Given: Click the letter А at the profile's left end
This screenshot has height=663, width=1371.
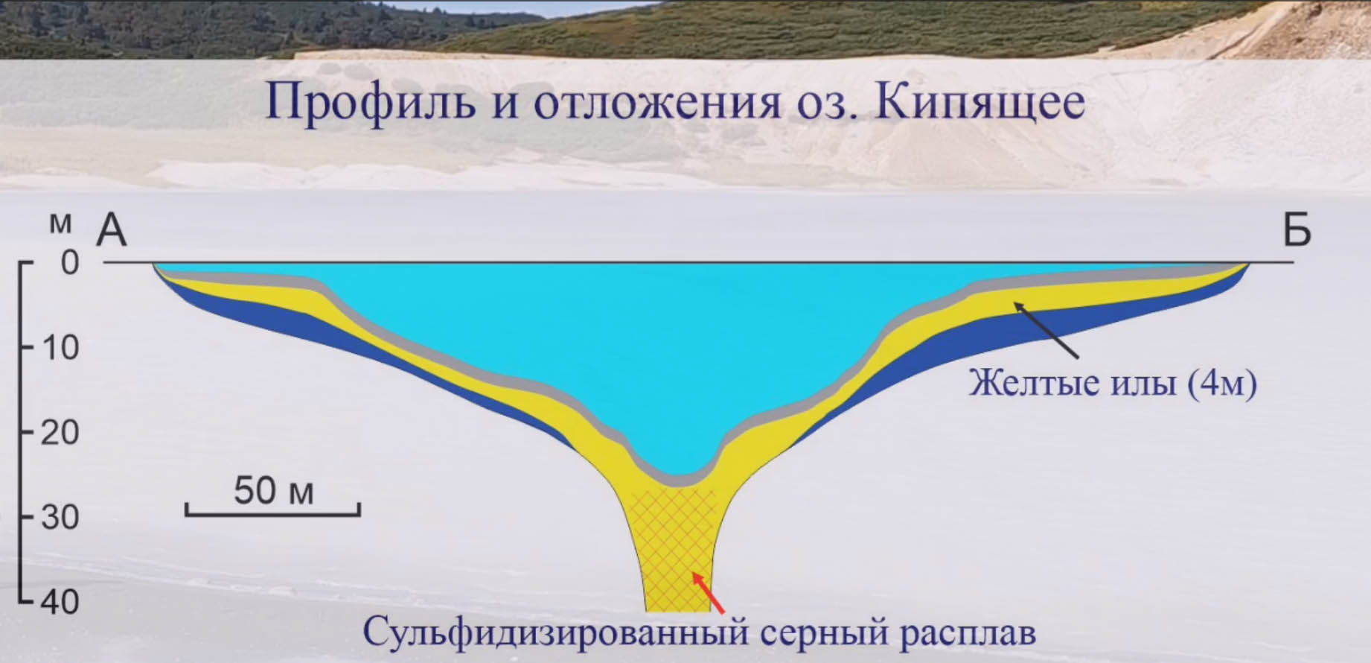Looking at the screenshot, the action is (x=112, y=229).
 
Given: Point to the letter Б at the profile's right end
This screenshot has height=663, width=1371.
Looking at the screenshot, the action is (x=1297, y=229).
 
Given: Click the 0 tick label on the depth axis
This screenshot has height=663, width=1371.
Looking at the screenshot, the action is (x=70, y=262).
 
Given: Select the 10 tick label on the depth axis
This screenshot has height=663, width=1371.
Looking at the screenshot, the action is (x=60, y=347).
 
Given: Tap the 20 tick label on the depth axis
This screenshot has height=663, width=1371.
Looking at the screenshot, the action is (x=60, y=432).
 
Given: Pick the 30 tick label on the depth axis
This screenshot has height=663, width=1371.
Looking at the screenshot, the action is (x=60, y=517).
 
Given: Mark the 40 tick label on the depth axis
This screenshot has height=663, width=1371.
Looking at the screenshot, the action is (x=60, y=602).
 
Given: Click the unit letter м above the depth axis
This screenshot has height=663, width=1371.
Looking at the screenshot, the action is (x=61, y=223).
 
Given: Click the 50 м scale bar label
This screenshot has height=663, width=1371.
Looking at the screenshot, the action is (x=274, y=491).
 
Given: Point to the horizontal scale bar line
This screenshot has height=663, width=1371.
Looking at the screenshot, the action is (x=273, y=513).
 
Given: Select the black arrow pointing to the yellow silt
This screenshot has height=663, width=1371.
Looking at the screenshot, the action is (x=1046, y=331).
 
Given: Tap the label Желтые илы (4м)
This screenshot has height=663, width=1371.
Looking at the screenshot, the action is (x=1113, y=383).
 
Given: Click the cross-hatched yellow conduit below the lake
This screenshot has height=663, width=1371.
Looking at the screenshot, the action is (x=674, y=551).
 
